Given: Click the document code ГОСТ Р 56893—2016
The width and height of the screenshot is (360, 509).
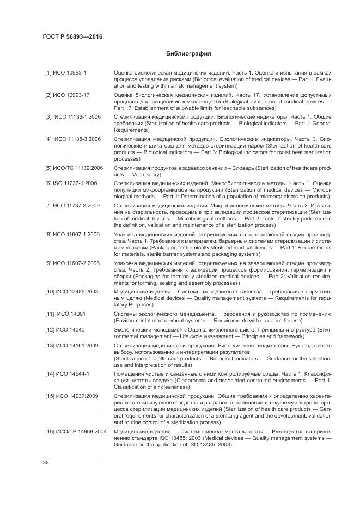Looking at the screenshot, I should point(72,37).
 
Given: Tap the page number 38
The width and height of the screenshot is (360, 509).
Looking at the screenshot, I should point(46,462).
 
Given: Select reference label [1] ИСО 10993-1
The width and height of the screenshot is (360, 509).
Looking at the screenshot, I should point(62,72).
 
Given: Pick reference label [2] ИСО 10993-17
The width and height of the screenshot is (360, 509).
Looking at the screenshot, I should point(64,95).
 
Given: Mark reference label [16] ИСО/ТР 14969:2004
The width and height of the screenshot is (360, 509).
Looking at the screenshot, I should point(75,431).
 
